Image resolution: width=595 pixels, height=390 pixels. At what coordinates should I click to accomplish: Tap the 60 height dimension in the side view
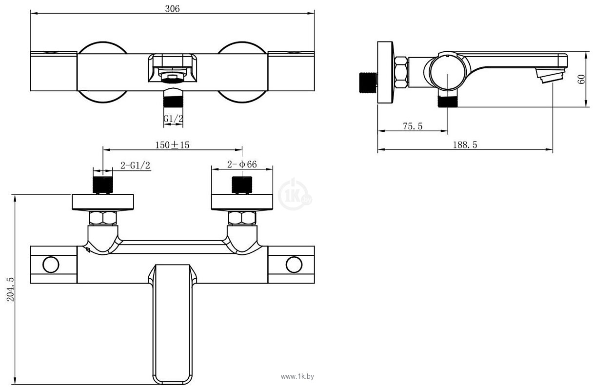[581, 79]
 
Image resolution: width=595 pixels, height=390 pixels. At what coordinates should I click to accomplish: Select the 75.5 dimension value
[412, 126]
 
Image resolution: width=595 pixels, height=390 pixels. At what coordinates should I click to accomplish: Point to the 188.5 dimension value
[465, 144]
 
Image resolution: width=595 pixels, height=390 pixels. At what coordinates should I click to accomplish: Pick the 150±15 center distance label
[172, 144]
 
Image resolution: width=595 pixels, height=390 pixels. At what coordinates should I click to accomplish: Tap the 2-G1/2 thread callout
[135, 165]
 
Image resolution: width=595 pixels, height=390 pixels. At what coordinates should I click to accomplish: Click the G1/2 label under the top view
[173, 118]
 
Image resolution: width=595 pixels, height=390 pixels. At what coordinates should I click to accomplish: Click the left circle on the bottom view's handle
[51, 265]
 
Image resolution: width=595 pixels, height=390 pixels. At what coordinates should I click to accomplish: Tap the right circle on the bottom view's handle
[294, 265]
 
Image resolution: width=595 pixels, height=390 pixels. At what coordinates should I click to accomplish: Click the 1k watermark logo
[294, 195]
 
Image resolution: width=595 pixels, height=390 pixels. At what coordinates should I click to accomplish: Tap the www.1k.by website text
[298, 376]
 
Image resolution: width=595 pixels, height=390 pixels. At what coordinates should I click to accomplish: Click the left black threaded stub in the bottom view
[102, 185]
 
